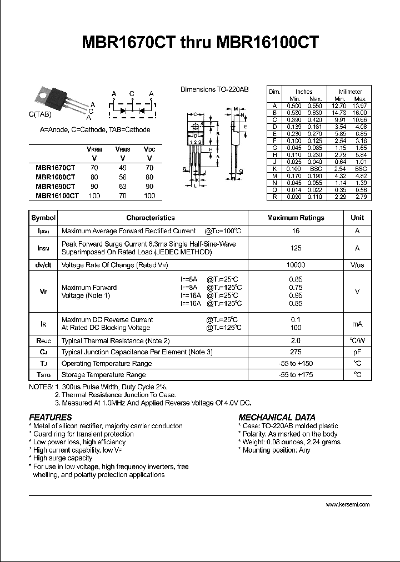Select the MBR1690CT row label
[x=55, y=187]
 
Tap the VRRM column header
[x=94, y=150]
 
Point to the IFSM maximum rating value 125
[x=296, y=248]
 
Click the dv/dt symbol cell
[x=43, y=265]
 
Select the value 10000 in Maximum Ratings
[x=296, y=265]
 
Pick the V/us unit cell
[x=357, y=265]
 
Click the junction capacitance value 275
[x=296, y=352]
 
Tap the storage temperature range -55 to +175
[x=296, y=375]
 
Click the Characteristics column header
[x=151, y=218]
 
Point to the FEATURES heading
[x=51, y=417]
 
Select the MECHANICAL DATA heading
[x=277, y=417]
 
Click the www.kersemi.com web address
[x=348, y=504]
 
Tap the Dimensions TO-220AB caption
[x=214, y=89]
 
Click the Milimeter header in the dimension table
[x=350, y=92]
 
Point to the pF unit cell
[x=357, y=352]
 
